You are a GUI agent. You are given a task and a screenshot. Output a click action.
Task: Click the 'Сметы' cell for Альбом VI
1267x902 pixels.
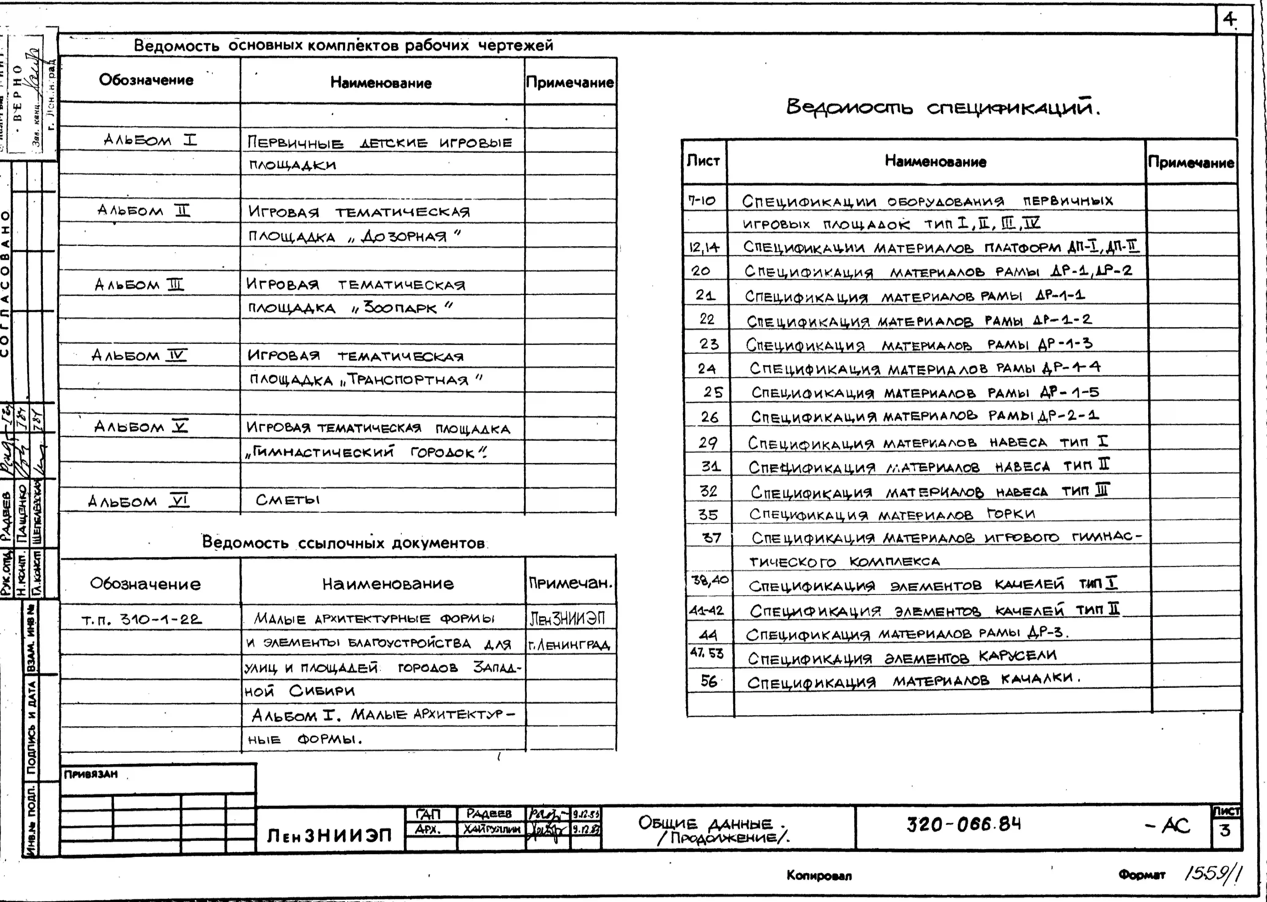pyautogui.click(x=288, y=500)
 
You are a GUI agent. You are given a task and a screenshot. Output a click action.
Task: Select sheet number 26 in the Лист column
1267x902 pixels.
pyautogui.click(x=709, y=417)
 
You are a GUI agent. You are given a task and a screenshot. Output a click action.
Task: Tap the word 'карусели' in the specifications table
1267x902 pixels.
pyautogui.click(x=1018, y=656)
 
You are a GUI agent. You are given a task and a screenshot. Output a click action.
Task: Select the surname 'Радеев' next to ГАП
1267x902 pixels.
pyautogui.click(x=489, y=814)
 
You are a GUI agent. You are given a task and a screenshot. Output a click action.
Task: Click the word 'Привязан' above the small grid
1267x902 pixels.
pyautogui.click(x=91, y=774)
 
